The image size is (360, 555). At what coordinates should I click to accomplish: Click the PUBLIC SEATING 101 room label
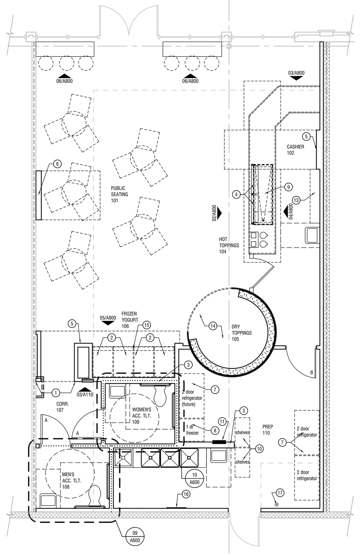[119, 194]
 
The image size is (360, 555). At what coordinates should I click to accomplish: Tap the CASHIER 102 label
[295, 150]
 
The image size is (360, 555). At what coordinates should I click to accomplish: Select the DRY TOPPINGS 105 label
[241, 333]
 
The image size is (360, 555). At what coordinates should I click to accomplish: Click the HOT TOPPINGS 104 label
[229, 245]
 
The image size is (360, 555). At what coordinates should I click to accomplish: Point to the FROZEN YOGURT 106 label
[129, 320]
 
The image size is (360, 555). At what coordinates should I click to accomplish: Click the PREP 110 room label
[268, 430]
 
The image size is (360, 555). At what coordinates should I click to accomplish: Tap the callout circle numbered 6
[57, 164]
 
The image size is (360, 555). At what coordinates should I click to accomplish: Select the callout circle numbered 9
[288, 187]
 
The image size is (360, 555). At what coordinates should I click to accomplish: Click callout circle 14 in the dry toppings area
[213, 326]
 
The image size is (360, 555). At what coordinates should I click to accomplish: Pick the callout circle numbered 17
[280, 493]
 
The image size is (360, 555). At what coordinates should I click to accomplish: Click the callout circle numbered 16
[186, 494]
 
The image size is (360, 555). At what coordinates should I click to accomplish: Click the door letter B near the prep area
[312, 373]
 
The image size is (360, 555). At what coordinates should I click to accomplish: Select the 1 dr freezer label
[192, 430]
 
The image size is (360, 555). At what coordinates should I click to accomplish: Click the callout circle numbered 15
[146, 325]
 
